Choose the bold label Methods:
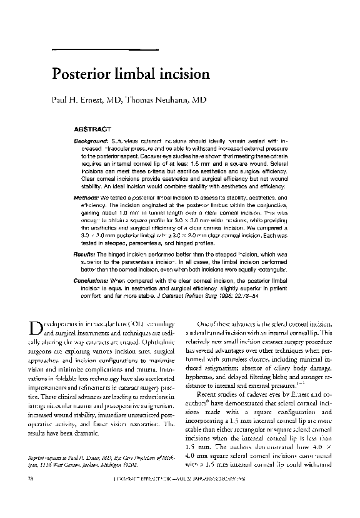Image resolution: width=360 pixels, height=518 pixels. click(x=87, y=197)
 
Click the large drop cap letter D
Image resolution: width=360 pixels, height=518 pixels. click(x=36, y=328)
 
